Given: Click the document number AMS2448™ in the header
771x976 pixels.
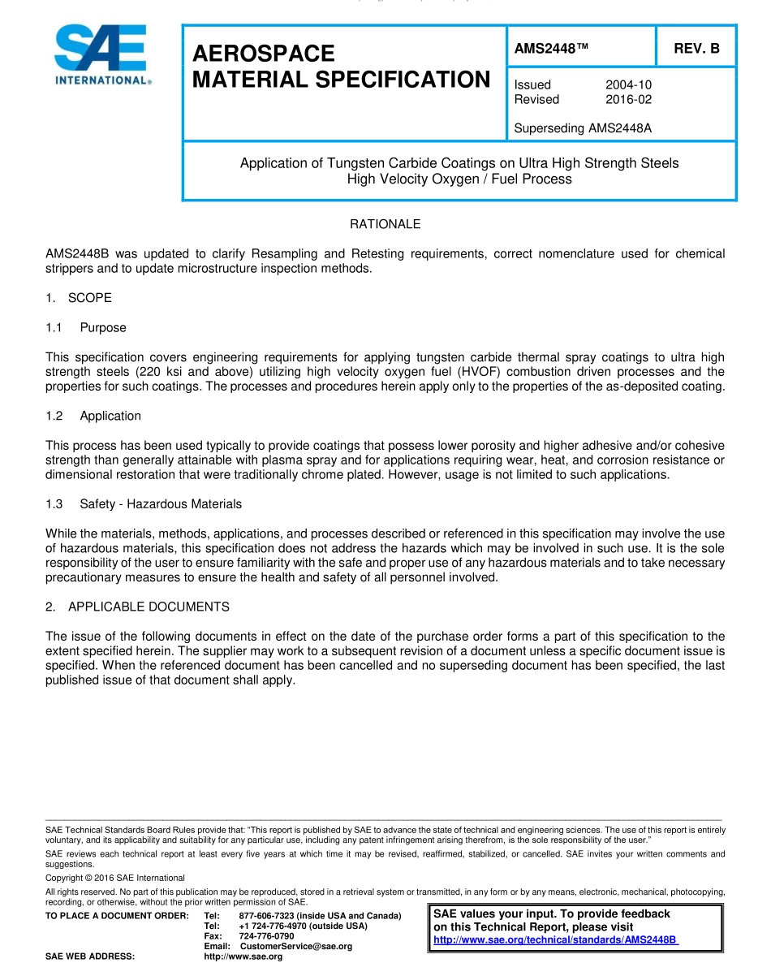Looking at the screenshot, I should (x=551, y=49).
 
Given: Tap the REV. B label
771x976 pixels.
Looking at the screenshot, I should (x=696, y=49).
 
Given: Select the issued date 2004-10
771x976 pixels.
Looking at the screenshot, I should (x=628, y=84).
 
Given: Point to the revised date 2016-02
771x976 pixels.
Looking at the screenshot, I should (x=628, y=99).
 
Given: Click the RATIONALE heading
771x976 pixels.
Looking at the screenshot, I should (x=385, y=224).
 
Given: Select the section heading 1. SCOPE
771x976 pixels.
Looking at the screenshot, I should (x=79, y=298).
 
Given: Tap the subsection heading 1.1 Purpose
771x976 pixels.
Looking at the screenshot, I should (x=86, y=328).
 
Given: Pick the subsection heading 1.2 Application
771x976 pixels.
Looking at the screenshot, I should (x=93, y=416).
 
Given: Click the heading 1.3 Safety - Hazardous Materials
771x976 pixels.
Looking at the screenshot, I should (x=144, y=504).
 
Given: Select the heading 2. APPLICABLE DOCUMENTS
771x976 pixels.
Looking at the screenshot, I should (x=137, y=607).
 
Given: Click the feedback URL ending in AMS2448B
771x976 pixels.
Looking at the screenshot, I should (x=556, y=939).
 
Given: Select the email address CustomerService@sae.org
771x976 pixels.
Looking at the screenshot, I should (x=295, y=947).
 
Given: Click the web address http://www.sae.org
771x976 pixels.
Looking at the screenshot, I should (x=243, y=957).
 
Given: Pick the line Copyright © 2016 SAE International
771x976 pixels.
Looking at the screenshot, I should (x=115, y=878).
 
